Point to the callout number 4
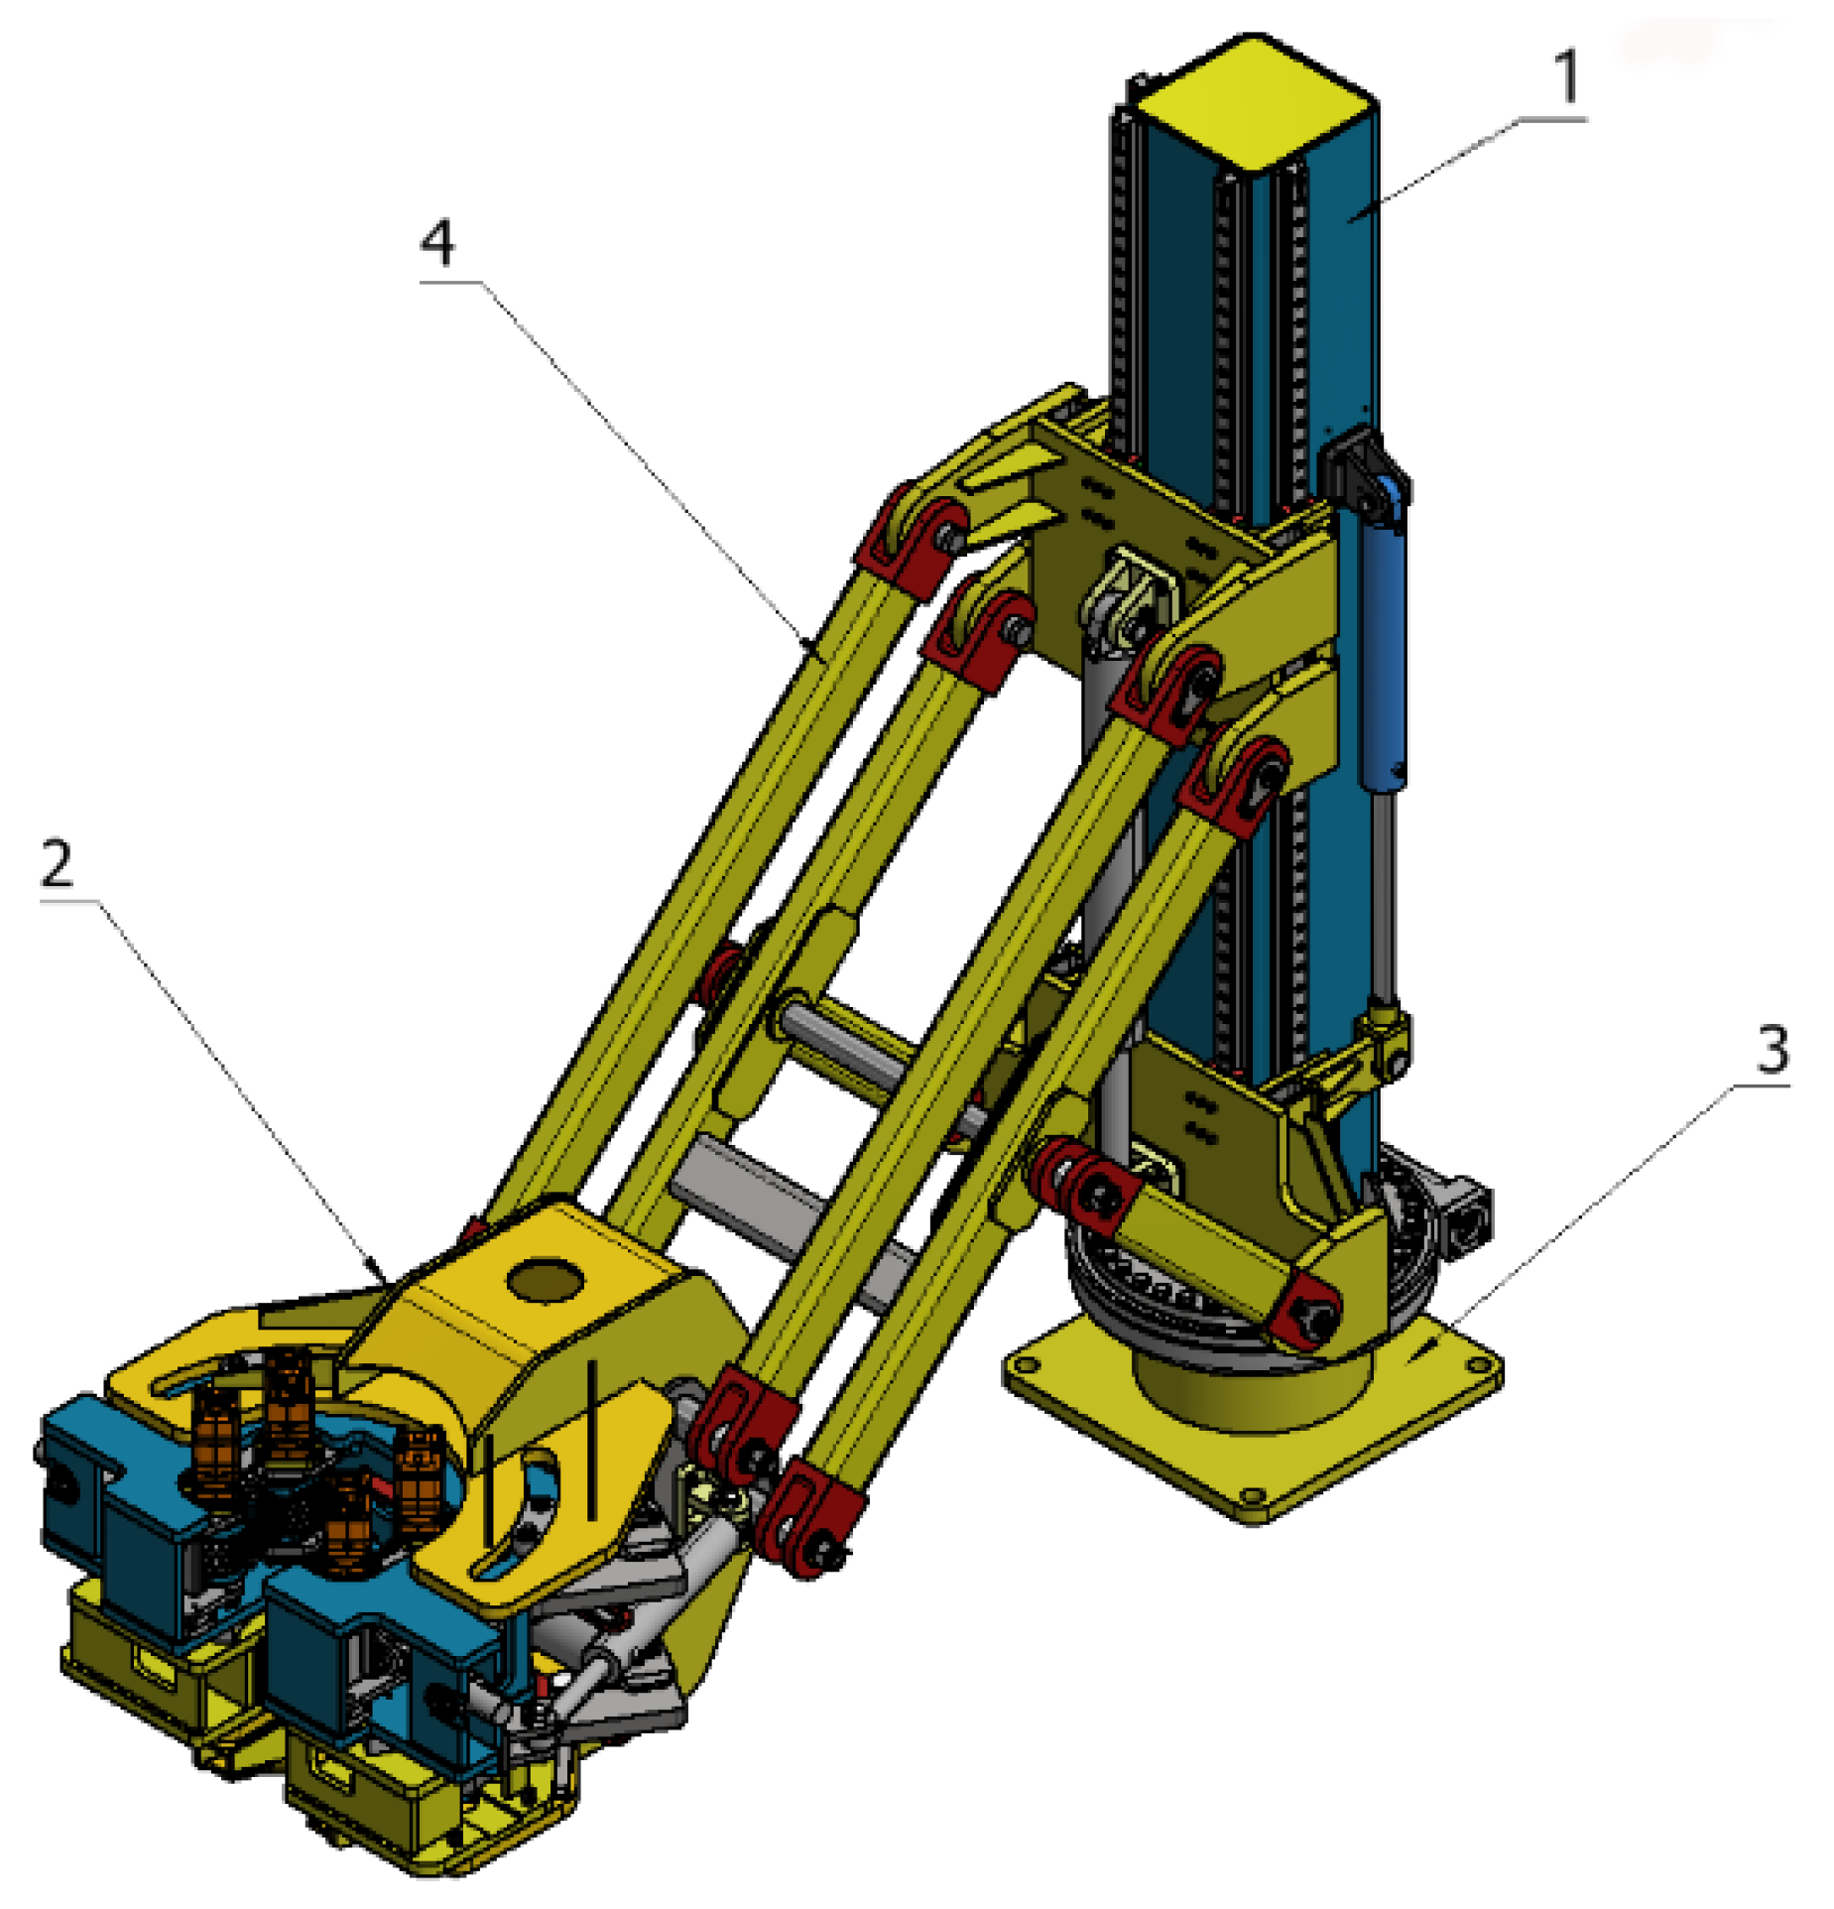pos(436,242)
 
